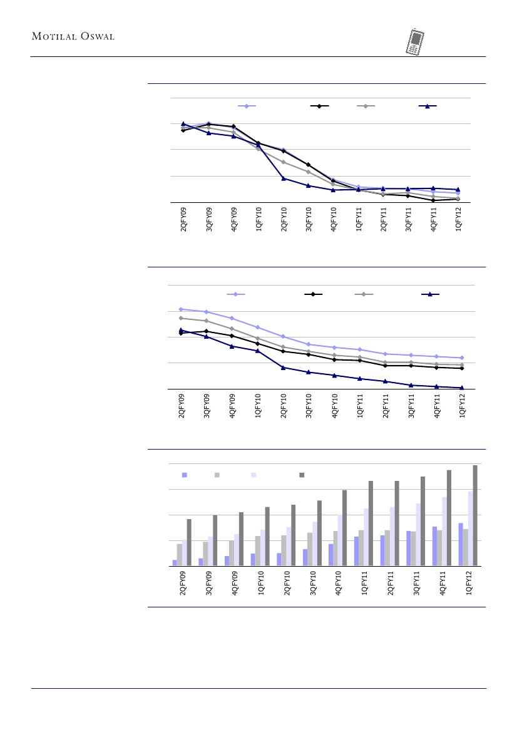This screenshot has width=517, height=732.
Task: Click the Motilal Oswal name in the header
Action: pyautogui.click(x=73, y=36)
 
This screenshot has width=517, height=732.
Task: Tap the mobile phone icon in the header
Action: pyautogui.click(x=414, y=41)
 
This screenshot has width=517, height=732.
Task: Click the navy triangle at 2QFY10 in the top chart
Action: pyautogui.click(x=284, y=178)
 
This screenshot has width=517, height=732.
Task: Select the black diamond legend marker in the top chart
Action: pyautogui.click(x=319, y=106)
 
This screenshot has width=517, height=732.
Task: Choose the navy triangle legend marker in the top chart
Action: pyautogui.click(x=427, y=106)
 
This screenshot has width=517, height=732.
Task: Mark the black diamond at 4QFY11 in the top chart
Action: pyautogui.click(x=433, y=200)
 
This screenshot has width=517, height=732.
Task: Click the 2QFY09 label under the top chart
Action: pyautogui.click(x=183, y=220)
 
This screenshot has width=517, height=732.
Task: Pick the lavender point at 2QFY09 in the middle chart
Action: pyautogui.click(x=181, y=309)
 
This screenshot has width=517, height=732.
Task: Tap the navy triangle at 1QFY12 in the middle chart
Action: pyautogui.click(x=461, y=388)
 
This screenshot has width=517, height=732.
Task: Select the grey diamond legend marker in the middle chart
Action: pyautogui.click(x=364, y=294)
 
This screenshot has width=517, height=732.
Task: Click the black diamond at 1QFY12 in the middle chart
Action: pyautogui.click(x=461, y=368)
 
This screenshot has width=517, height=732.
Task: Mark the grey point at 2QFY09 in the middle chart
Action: pyautogui.click(x=181, y=318)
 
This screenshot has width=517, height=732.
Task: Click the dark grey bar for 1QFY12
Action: pyautogui.click(x=474, y=515)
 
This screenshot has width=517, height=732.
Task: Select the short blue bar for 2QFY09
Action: pyautogui.click(x=175, y=562)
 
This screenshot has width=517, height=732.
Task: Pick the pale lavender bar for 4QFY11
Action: pyautogui.click(x=444, y=531)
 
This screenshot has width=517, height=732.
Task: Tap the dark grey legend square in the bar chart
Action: pyautogui.click(x=301, y=475)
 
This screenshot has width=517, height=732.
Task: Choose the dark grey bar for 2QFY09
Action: pyautogui.click(x=189, y=542)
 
